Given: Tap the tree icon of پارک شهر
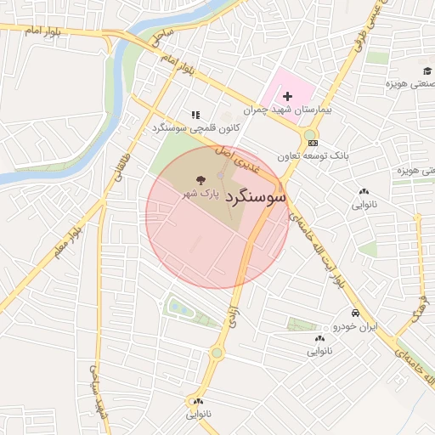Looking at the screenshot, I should click(x=201, y=180).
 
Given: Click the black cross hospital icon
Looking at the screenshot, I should click(x=287, y=97).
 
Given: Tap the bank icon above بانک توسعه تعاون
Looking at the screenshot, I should click(x=313, y=144).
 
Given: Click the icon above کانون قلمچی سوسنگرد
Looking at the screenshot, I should click(x=195, y=114).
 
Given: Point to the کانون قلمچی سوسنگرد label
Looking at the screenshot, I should click(x=195, y=128).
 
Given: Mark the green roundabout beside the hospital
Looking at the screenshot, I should click(x=308, y=134).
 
